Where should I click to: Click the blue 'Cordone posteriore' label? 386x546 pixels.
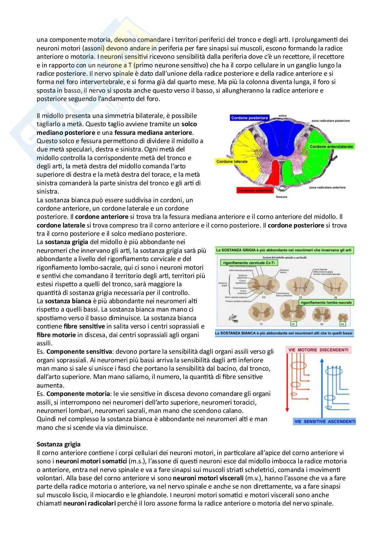249,118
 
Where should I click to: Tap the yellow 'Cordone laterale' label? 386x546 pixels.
232,161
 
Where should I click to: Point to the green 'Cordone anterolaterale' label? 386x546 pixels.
331,147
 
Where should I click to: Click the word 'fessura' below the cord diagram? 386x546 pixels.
282,197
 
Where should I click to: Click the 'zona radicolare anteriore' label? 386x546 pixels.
327,187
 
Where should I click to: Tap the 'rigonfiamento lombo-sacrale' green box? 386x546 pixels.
326,302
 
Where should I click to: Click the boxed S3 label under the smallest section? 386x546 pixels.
342,324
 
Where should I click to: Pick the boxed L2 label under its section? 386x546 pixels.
293,324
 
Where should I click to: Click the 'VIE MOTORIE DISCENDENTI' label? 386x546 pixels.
319,350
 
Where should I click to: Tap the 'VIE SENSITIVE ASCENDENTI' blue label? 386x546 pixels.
324,422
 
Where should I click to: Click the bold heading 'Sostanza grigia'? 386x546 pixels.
58,444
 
